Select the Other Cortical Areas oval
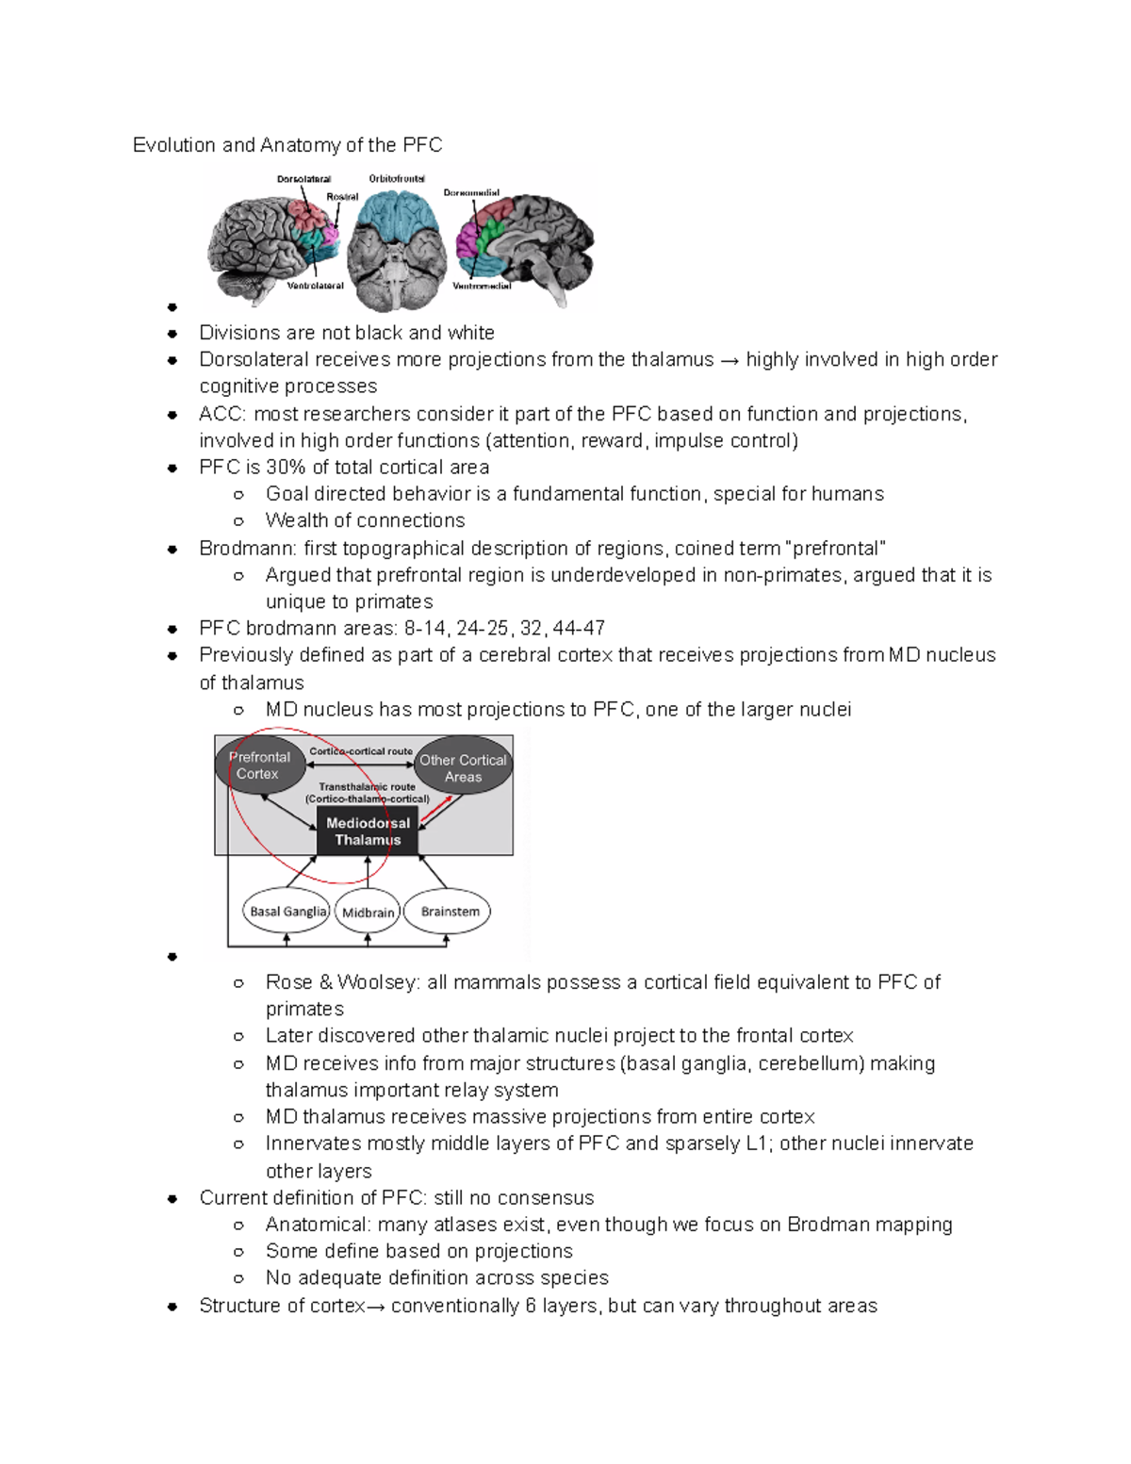pos(463,767)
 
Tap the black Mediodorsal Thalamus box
pos(368,831)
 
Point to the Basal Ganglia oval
pos(287,912)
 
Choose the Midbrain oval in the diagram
pos(368,913)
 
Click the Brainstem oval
pos(449,912)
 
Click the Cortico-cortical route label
pos(361,751)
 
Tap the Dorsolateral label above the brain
pos(303,179)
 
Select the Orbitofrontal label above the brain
pos(397,178)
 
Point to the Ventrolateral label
pos(315,286)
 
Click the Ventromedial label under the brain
pos(482,286)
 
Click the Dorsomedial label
pos(471,193)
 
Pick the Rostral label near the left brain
pos(342,197)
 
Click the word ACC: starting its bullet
pos(222,414)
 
